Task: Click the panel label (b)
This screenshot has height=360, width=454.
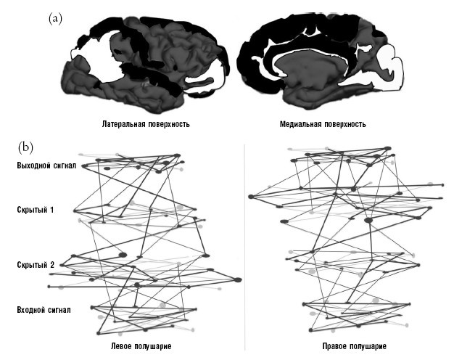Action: [25, 146]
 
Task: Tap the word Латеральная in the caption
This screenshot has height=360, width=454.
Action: [125, 124]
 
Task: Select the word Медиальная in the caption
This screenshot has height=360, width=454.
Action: [300, 124]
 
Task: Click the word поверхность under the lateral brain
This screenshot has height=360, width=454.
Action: [168, 124]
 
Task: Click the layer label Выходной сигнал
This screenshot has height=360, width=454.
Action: [44, 165]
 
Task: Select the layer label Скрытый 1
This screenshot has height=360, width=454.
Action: [34, 210]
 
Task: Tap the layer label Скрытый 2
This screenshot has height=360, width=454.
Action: [35, 265]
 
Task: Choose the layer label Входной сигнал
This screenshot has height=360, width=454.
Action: [43, 310]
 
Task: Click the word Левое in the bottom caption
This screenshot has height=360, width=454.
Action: [122, 345]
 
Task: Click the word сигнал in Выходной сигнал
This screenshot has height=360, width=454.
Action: [60, 165]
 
